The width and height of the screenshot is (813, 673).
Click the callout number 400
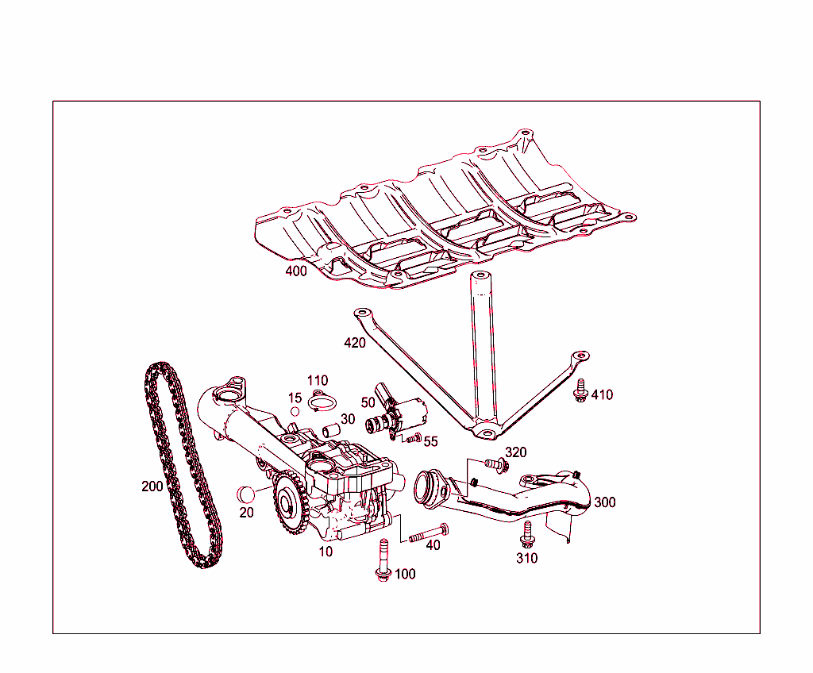coord(296,271)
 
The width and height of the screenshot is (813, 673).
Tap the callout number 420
coord(355,343)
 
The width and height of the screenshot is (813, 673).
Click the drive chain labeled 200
coord(176,468)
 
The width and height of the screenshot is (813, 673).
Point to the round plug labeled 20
coord(247,493)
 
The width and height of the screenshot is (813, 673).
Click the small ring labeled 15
coord(295,411)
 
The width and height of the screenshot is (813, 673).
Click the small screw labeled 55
coord(413,438)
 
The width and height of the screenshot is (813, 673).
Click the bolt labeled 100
coord(382,560)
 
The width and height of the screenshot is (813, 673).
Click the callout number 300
coord(604,502)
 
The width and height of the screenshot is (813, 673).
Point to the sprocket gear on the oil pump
coord(288,502)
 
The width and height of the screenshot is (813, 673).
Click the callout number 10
coord(326,552)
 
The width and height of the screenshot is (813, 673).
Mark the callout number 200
coord(152,486)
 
